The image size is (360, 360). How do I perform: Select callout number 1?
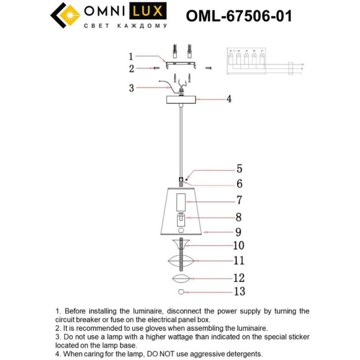point(131,55)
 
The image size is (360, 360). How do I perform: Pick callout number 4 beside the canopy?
point(229,99)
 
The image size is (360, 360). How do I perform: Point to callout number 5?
point(239,168)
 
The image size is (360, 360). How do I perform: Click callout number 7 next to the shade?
point(239,200)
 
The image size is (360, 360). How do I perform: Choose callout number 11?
point(239,261)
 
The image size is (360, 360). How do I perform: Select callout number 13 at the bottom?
point(239,292)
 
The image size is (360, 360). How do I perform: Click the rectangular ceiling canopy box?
point(182,99)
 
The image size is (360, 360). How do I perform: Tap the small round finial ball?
point(182,292)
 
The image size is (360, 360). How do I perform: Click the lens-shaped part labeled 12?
point(182,278)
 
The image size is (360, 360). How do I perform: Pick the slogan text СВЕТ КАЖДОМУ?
point(125,25)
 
